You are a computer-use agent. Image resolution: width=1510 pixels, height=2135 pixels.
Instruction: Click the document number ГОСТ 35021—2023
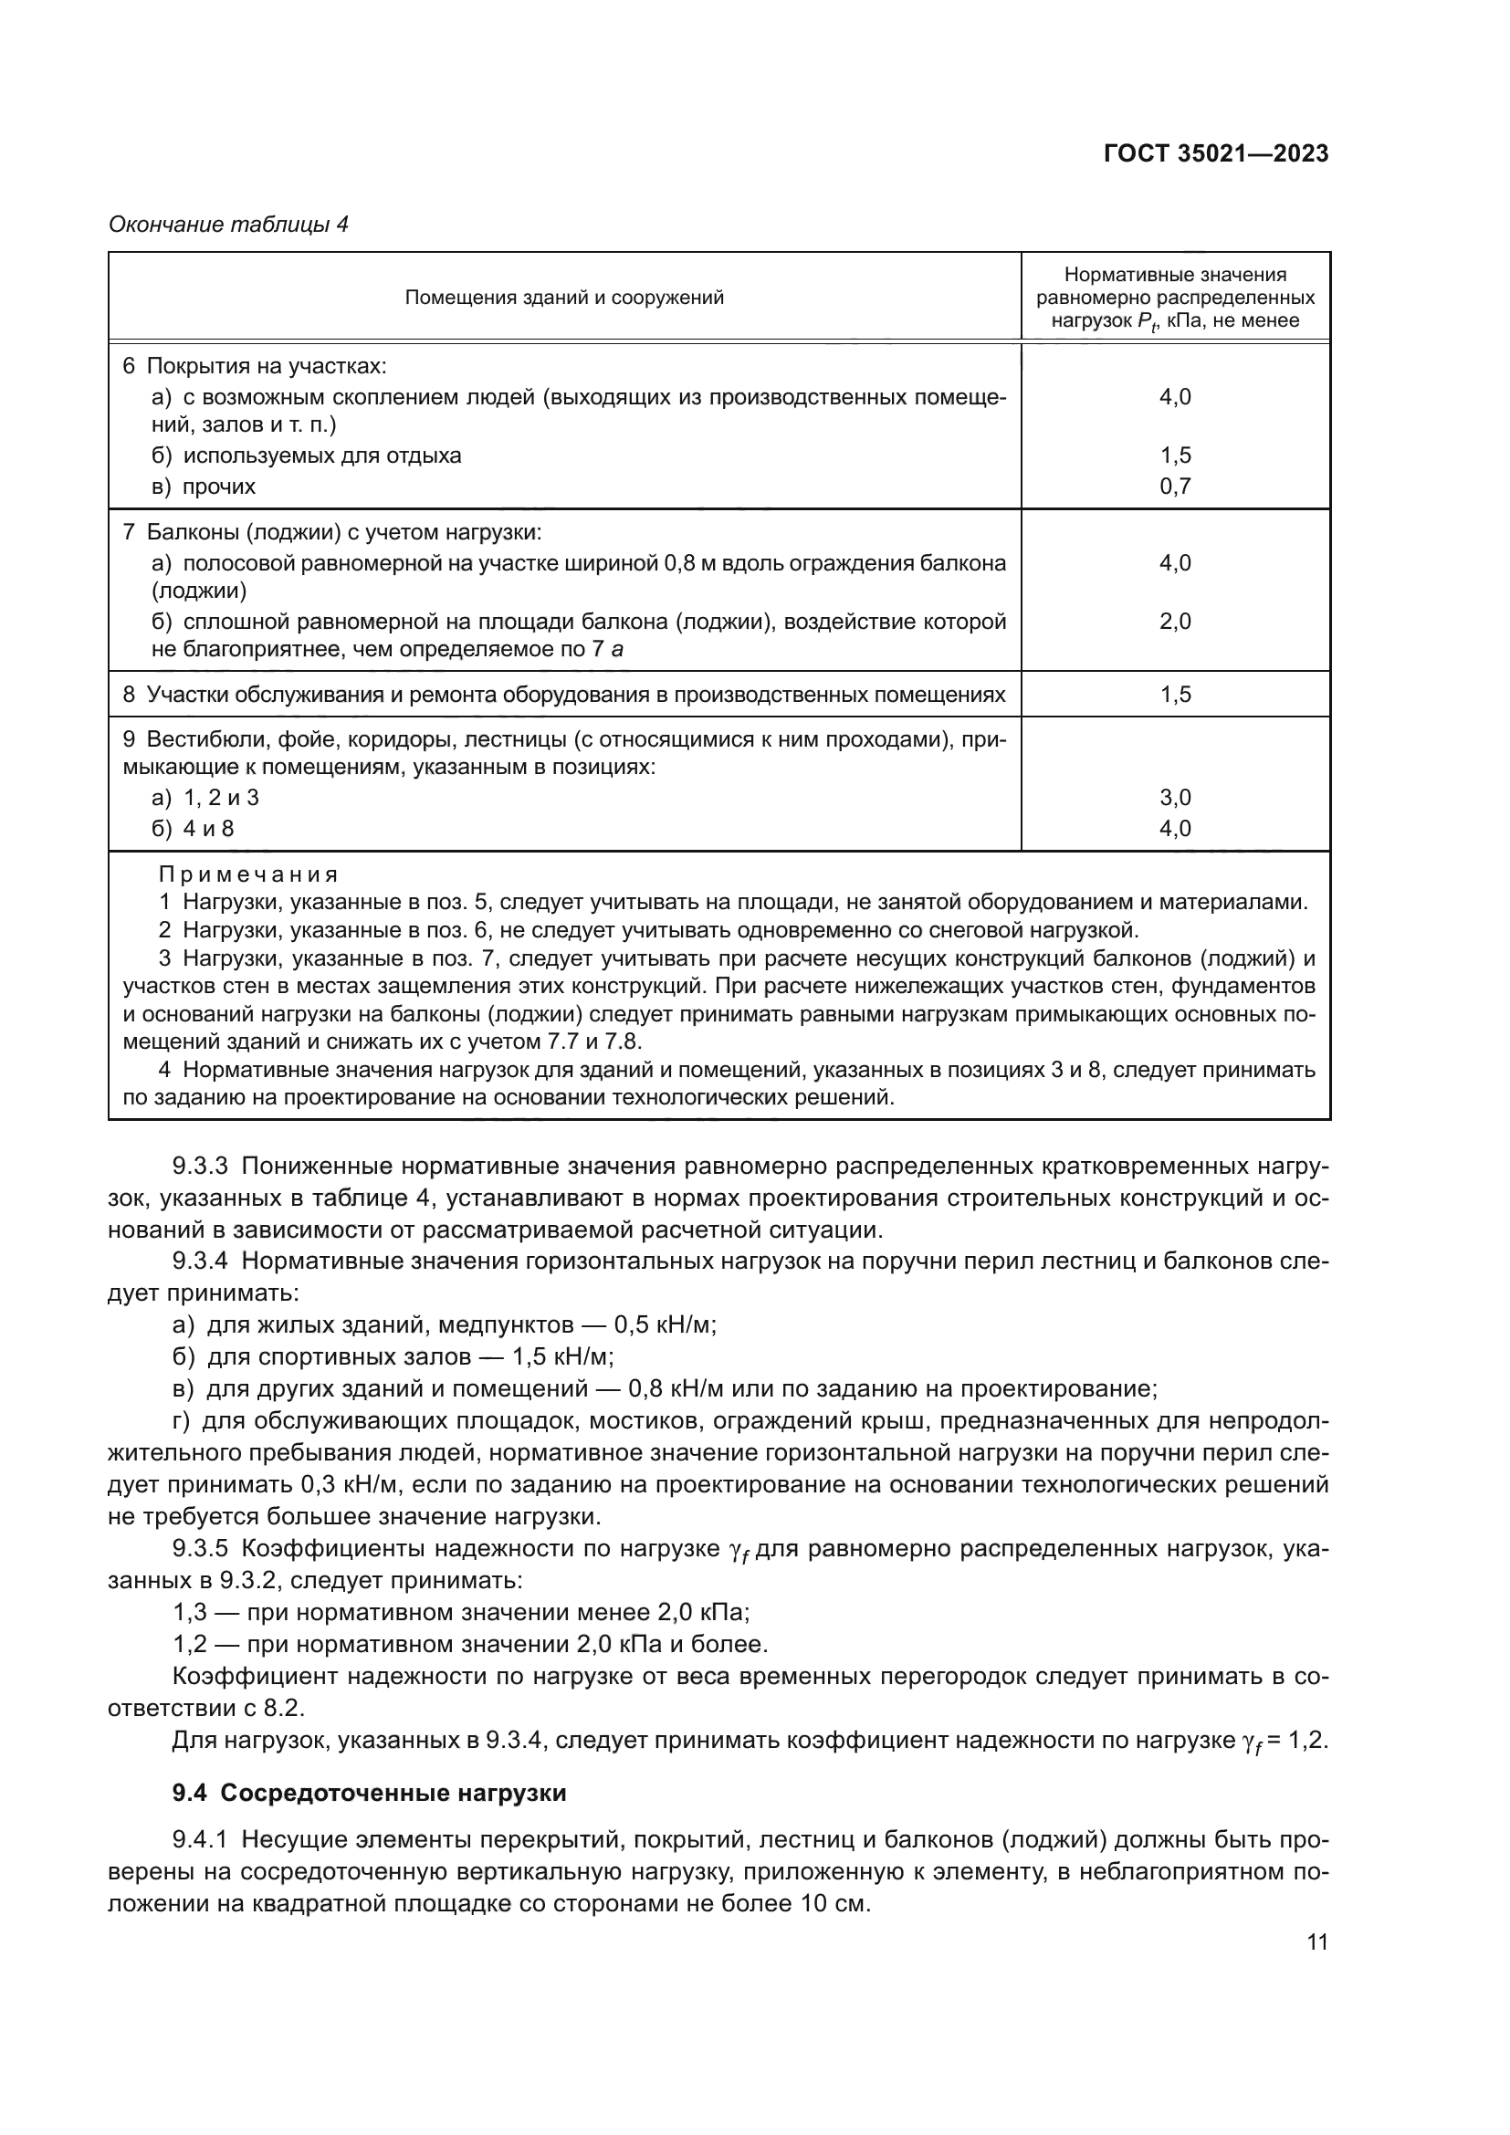click(x=1215, y=153)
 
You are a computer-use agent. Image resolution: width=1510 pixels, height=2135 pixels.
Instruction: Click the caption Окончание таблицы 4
click(x=228, y=225)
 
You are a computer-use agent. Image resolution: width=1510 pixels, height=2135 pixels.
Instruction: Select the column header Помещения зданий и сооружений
click(x=563, y=298)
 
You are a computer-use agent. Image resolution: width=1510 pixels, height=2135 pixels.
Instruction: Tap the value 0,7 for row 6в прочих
click(x=1174, y=487)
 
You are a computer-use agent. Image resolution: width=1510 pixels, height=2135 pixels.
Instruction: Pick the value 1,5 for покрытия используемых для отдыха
click(x=1174, y=455)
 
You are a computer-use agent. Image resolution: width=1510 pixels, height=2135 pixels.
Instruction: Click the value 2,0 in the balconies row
click(x=1174, y=622)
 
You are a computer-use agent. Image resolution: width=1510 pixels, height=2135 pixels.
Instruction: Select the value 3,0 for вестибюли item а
click(x=1174, y=797)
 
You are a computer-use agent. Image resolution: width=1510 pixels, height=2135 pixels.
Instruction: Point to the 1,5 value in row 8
click(x=1174, y=695)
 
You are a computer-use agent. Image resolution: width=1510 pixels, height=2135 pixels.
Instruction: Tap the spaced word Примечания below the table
click(x=247, y=874)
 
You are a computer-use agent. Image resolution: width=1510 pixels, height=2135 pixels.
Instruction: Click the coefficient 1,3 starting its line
click(x=191, y=1611)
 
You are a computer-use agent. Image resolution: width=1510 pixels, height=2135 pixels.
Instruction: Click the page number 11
click(x=1316, y=1941)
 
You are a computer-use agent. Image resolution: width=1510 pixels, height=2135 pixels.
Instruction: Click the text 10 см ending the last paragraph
click(x=833, y=1902)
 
